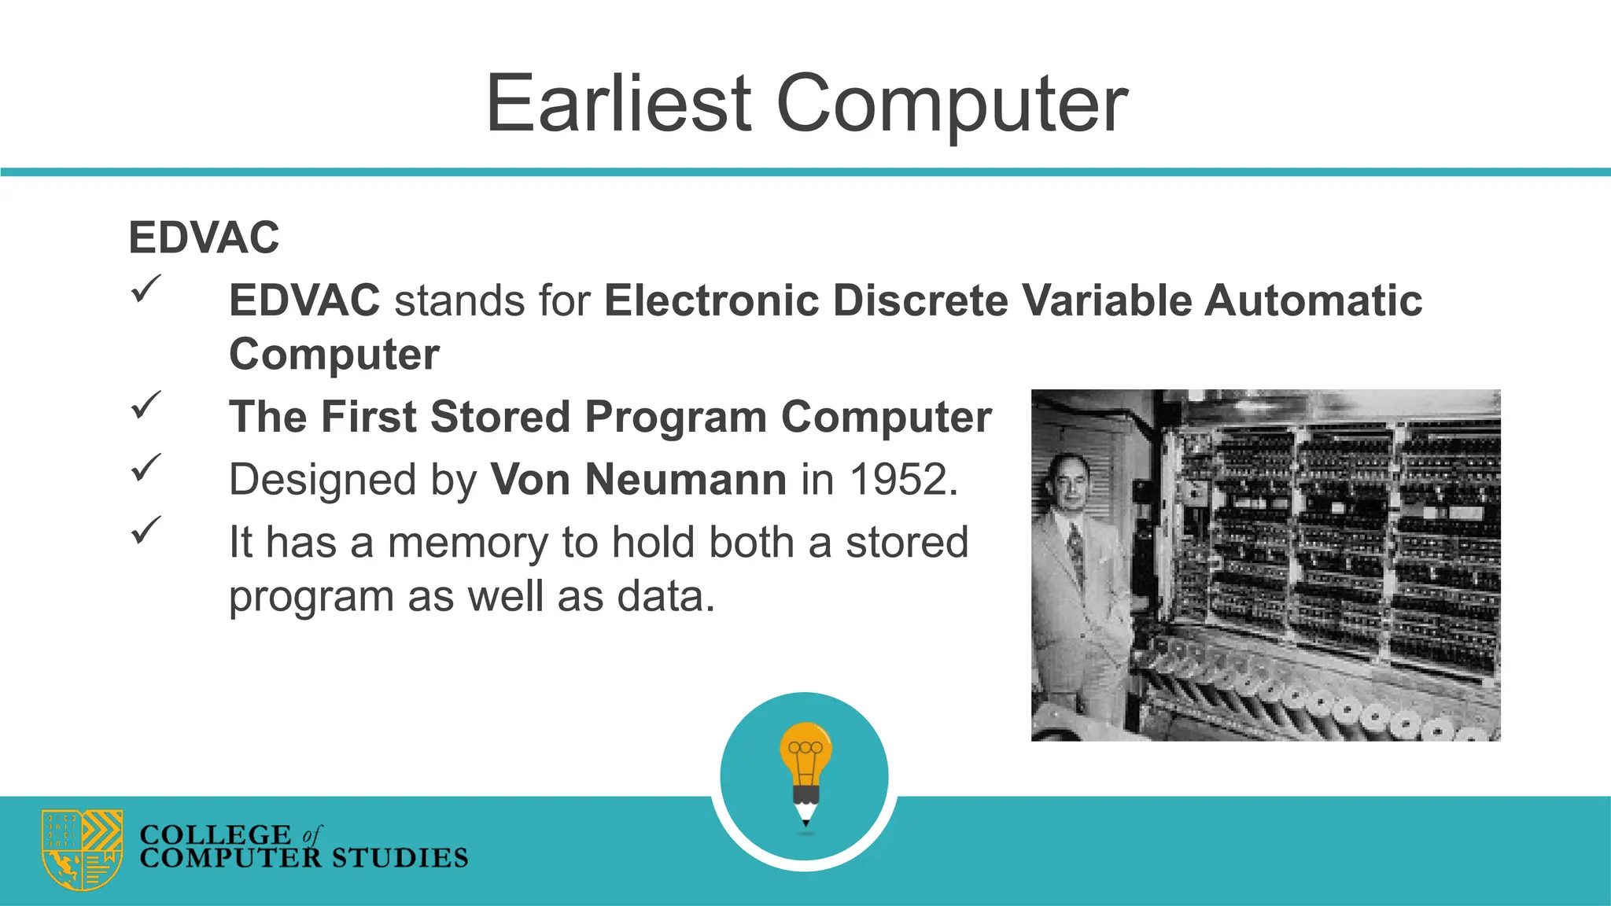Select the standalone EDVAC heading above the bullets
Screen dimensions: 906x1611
coord(204,238)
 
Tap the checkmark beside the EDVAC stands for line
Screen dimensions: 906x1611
coord(146,289)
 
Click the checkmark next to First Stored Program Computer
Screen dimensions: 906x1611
coord(146,405)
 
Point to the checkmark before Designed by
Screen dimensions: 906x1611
coord(146,468)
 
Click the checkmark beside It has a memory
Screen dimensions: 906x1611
coord(146,530)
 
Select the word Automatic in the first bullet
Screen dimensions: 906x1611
coord(1313,300)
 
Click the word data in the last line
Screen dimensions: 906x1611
coord(665,596)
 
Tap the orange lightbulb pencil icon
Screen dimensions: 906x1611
coord(805,772)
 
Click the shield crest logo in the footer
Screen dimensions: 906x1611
coord(82,849)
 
